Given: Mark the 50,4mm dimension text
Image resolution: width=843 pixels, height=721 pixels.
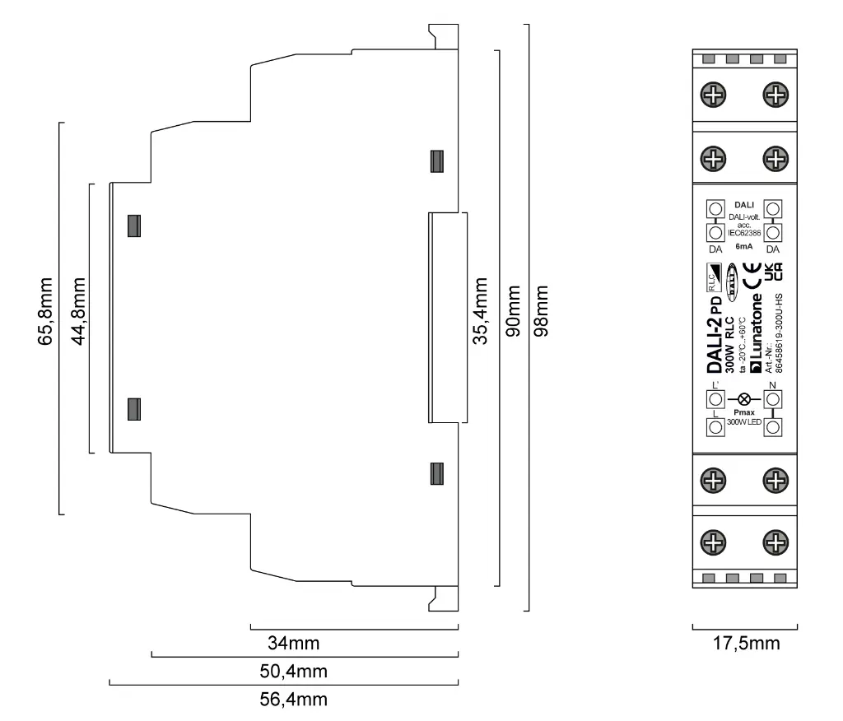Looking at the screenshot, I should click(294, 671).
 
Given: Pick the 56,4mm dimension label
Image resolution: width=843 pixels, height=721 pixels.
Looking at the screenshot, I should click(294, 700).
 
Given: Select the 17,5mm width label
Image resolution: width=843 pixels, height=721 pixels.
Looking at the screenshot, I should click(745, 643).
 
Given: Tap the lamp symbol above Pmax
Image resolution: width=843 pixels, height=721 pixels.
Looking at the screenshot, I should click(744, 399).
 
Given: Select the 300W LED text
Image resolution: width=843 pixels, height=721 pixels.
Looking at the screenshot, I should click(744, 422).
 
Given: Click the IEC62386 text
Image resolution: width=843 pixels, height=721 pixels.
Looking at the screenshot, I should click(744, 233).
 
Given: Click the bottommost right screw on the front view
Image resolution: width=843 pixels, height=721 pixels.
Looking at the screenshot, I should click(774, 541).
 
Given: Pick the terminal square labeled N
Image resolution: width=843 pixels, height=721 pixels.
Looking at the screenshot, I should click(773, 399).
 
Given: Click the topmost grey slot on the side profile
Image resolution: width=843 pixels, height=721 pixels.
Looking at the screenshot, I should click(437, 161).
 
